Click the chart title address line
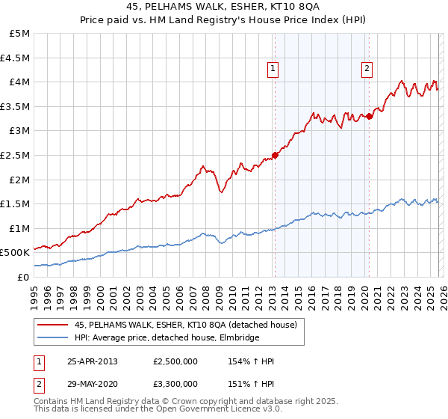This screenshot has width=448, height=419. (x=224, y=7)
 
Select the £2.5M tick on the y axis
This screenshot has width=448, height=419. (x=16, y=155)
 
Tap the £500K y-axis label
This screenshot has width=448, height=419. (x=16, y=253)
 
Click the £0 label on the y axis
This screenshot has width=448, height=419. (x=24, y=277)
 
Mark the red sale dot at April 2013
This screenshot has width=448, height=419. (x=275, y=155)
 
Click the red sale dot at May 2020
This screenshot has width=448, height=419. (x=370, y=116)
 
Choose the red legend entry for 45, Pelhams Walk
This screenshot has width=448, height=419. (x=186, y=325)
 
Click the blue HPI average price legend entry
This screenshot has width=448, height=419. (x=167, y=337)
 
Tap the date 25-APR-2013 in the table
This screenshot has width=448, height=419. (x=92, y=361)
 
